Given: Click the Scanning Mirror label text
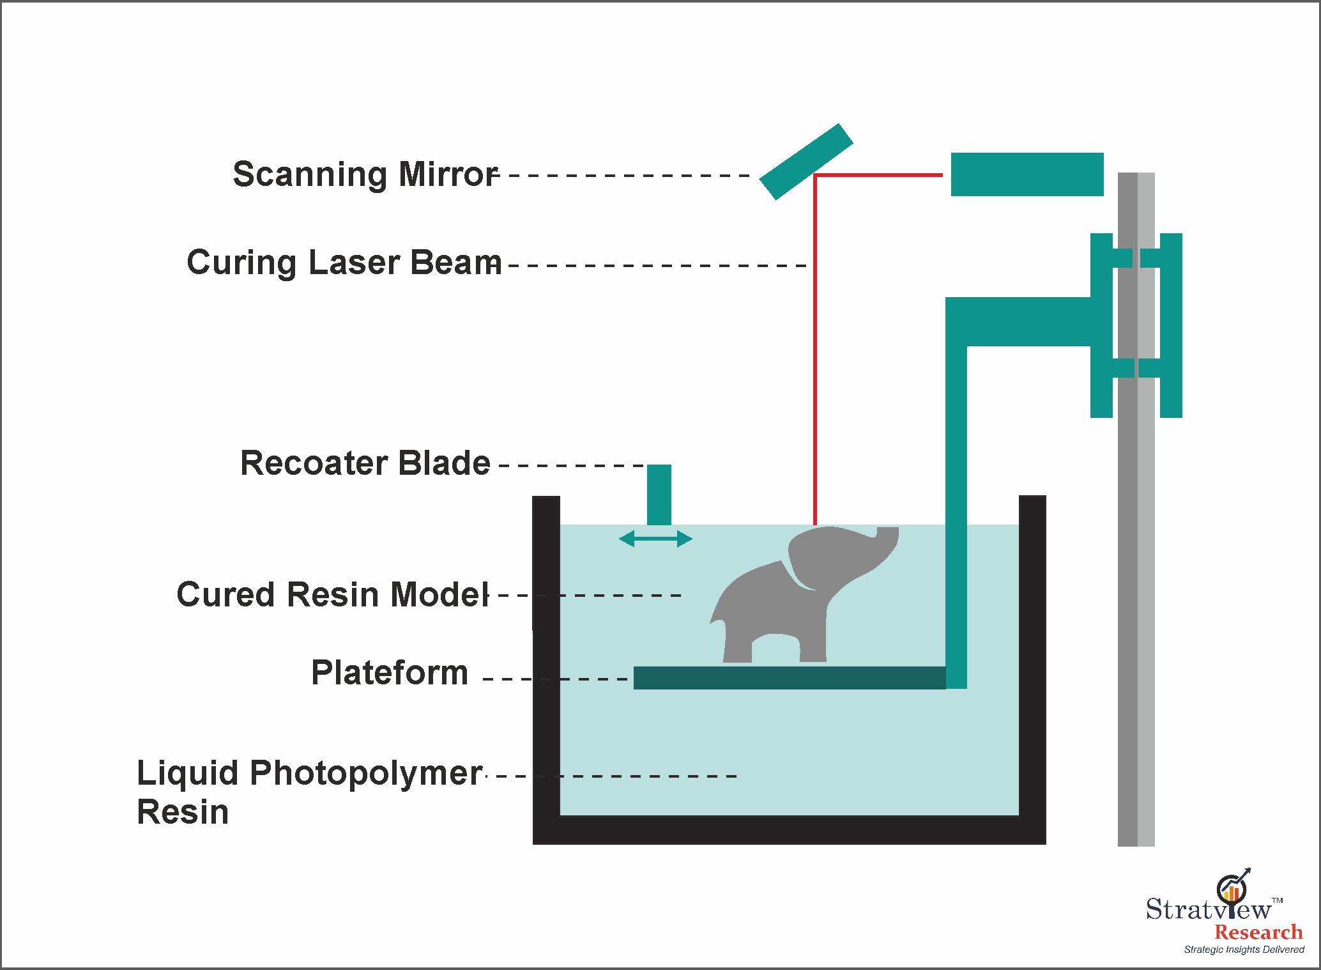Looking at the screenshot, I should pyautogui.click(x=365, y=174).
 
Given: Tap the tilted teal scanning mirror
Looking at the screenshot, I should pyautogui.click(x=806, y=162).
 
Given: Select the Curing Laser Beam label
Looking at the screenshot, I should pyautogui.click(x=344, y=263).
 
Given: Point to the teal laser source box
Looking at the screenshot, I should pyautogui.click(x=1027, y=174).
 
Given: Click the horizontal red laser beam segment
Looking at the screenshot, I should pyautogui.click(x=878, y=174).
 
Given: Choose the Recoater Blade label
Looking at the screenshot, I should pyautogui.click(x=365, y=463).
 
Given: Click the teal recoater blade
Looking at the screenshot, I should pyautogui.click(x=659, y=494).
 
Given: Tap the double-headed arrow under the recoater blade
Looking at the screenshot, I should pyautogui.click(x=655, y=539).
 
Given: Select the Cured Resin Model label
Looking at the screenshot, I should pyautogui.click(x=332, y=595).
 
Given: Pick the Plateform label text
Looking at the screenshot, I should pyautogui.click(x=390, y=673).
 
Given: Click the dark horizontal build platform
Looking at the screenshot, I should pyautogui.click(x=789, y=678).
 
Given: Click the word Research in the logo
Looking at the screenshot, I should pyautogui.click(x=1258, y=932).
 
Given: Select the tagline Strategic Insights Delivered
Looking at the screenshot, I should pyautogui.click(x=1244, y=950).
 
